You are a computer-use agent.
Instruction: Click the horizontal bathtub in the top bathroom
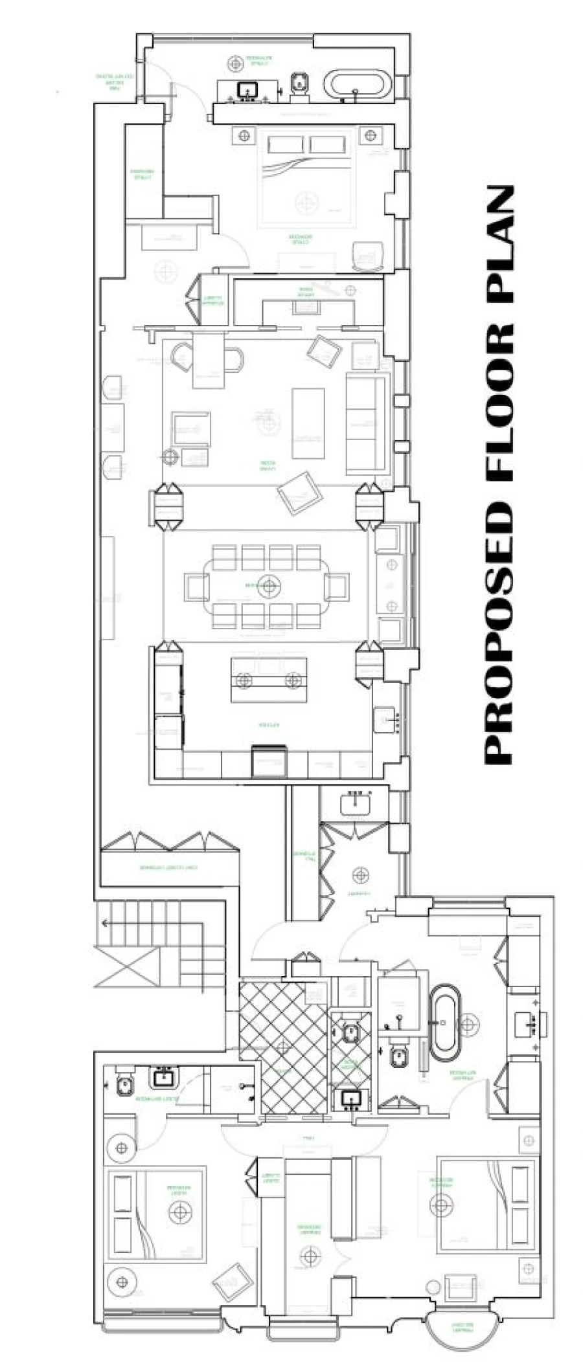click(x=358, y=85)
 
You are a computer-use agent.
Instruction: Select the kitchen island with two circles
click(x=269, y=680)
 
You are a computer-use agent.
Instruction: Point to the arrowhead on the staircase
click(x=104, y=922)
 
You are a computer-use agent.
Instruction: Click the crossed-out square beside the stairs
click(x=127, y=966)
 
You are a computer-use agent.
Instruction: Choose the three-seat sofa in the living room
click(x=367, y=424)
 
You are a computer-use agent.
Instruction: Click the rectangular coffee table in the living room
click(x=308, y=423)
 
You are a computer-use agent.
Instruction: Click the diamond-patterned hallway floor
click(x=282, y=1047)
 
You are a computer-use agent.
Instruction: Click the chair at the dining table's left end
click(x=196, y=586)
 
